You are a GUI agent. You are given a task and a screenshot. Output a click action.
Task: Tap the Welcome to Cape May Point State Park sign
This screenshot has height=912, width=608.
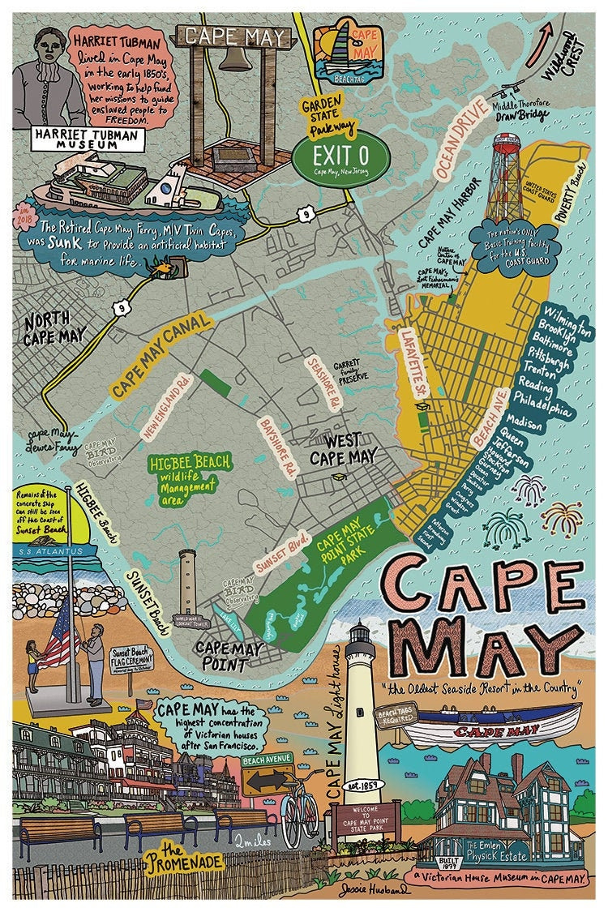click(366, 816)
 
